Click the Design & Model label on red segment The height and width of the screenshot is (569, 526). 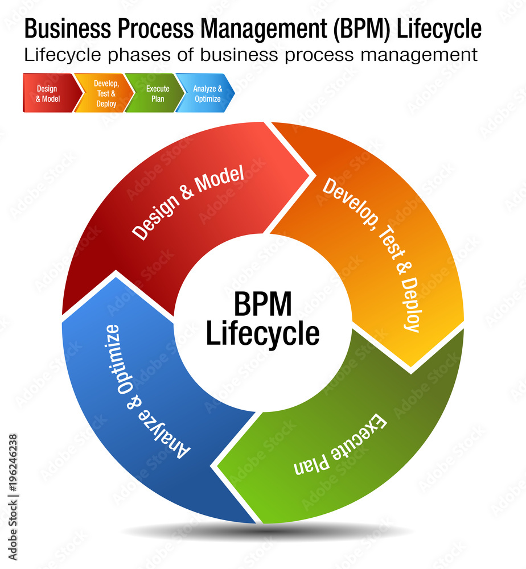tap(188, 203)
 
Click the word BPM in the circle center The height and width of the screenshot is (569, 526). tap(262, 304)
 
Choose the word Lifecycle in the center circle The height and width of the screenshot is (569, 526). tap(262, 334)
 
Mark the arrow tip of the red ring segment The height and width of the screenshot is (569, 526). tap(313, 174)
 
